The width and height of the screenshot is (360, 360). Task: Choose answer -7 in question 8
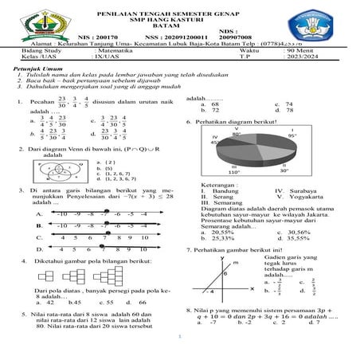click(x=213, y=323)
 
